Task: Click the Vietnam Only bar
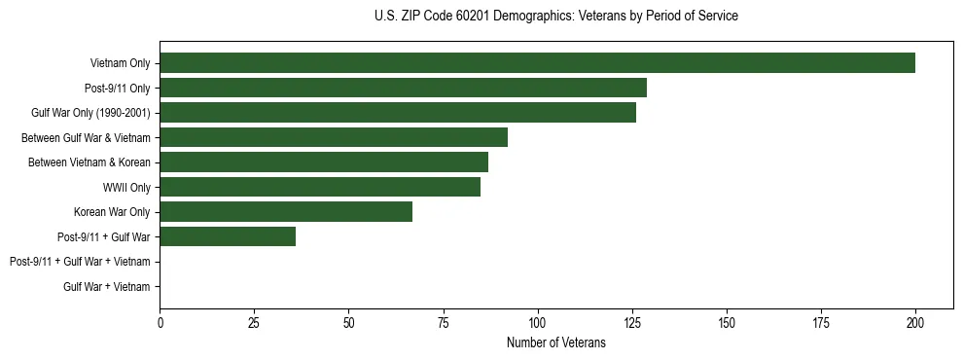pyautogui.click(x=537, y=63)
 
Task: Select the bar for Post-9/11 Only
pyautogui.click(x=403, y=89)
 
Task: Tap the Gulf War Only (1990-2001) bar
pyautogui.click(x=398, y=113)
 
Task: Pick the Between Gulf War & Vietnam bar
pyautogui.click(x=334, y=137)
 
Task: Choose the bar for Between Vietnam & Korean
pyautogui.click(x=324, y=162)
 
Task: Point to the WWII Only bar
pyautogui.click(x=320, y=187)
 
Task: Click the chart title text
pyautogui.click(x=555, y=16)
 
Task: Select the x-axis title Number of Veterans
pyautogui.click(x=555, y=343)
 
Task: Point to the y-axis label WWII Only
pyautogui.click(x=126, y=187)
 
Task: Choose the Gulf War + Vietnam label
pyautogui.click(x=107, y=286)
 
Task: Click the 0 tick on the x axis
pyautogui.click(x=160, y=322)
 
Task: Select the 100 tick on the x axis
pyautogui.click(x=537, y=322)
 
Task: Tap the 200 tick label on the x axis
pyautogui.click(x=915, y=322)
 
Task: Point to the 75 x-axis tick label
pyautogui.click(x=443, y=322)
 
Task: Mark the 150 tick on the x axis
pyautogui.click(x=727, y=322)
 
